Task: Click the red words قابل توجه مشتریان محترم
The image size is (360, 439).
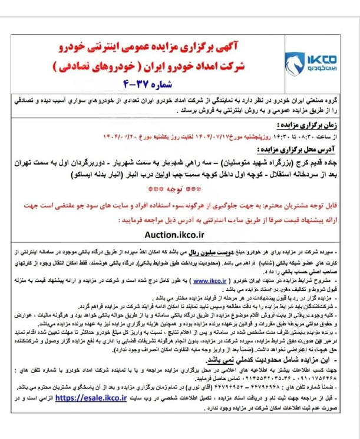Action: tap(299, 207)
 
